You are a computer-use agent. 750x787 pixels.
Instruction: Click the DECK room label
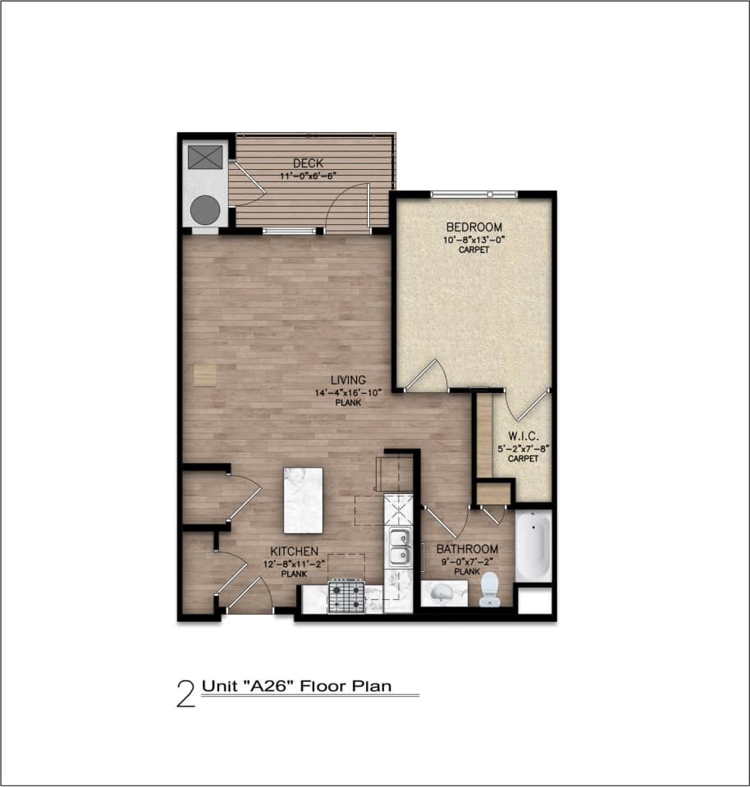tap(308, 163)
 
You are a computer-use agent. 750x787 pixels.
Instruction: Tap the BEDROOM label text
tap(473, 227)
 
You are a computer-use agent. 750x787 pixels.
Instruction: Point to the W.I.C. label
tap(523, 436)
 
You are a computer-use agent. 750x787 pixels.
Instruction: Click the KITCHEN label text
tap(295, 551)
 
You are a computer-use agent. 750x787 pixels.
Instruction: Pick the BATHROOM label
tap(467, 549)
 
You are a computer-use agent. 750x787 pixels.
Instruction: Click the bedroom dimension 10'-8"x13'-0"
tap(473, 240)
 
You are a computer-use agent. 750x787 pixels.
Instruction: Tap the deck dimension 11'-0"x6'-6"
tap(309, 175)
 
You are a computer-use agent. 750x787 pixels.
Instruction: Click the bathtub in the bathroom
tap(533, 547)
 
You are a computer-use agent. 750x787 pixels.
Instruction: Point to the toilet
tap(489, 588)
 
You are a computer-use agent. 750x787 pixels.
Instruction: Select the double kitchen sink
tap(400, 547)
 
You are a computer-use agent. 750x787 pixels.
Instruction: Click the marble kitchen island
tap(301, 500)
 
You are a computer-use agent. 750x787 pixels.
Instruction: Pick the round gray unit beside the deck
tap(206, 210)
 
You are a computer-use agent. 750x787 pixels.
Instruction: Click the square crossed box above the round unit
tap(205, 157)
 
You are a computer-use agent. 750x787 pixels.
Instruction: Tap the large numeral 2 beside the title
tap(186, 693)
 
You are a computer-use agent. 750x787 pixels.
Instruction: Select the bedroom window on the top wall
tap(473, 194)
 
